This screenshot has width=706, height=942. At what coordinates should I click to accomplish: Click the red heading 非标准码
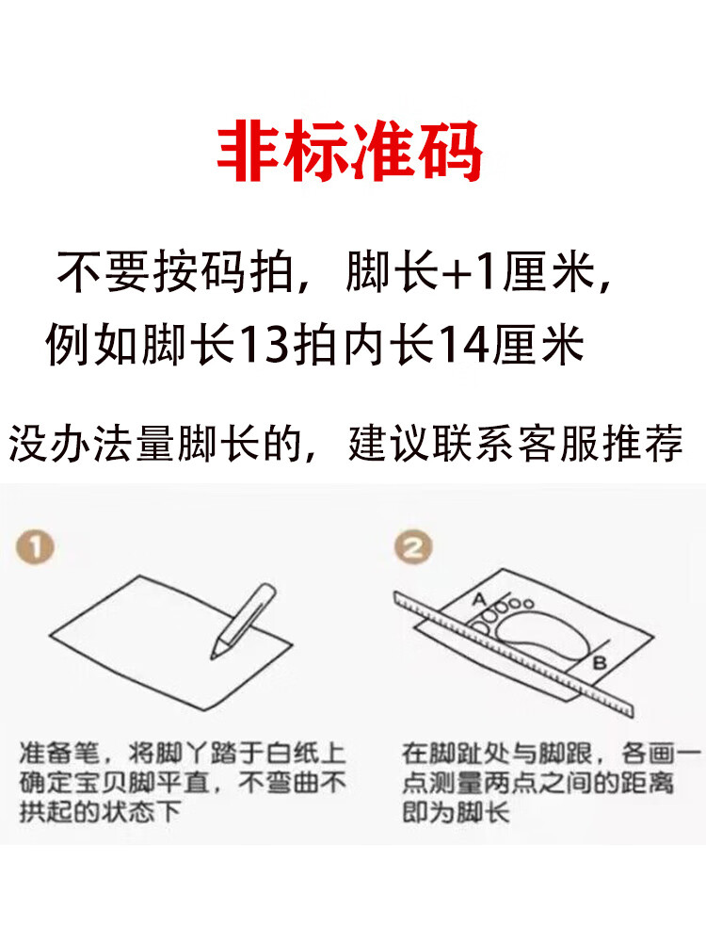click(x=350, y=151)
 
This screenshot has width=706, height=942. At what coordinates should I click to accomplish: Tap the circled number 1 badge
click(x=35, y=546)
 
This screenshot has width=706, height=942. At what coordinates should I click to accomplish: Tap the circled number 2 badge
click(x=413, y=546)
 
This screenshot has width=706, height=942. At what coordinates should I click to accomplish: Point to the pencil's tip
click(x=213, y=657)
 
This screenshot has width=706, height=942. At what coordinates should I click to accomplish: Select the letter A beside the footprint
click(x=478, y=599)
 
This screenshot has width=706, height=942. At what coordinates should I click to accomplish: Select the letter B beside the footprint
click(x=599, y=663)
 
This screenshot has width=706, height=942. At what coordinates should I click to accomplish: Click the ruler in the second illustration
click(x=514, y=655)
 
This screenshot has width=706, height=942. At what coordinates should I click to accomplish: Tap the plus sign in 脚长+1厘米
click(x=456, y=273)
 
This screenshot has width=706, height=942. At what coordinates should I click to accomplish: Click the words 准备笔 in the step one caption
click(x=59, y=754)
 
